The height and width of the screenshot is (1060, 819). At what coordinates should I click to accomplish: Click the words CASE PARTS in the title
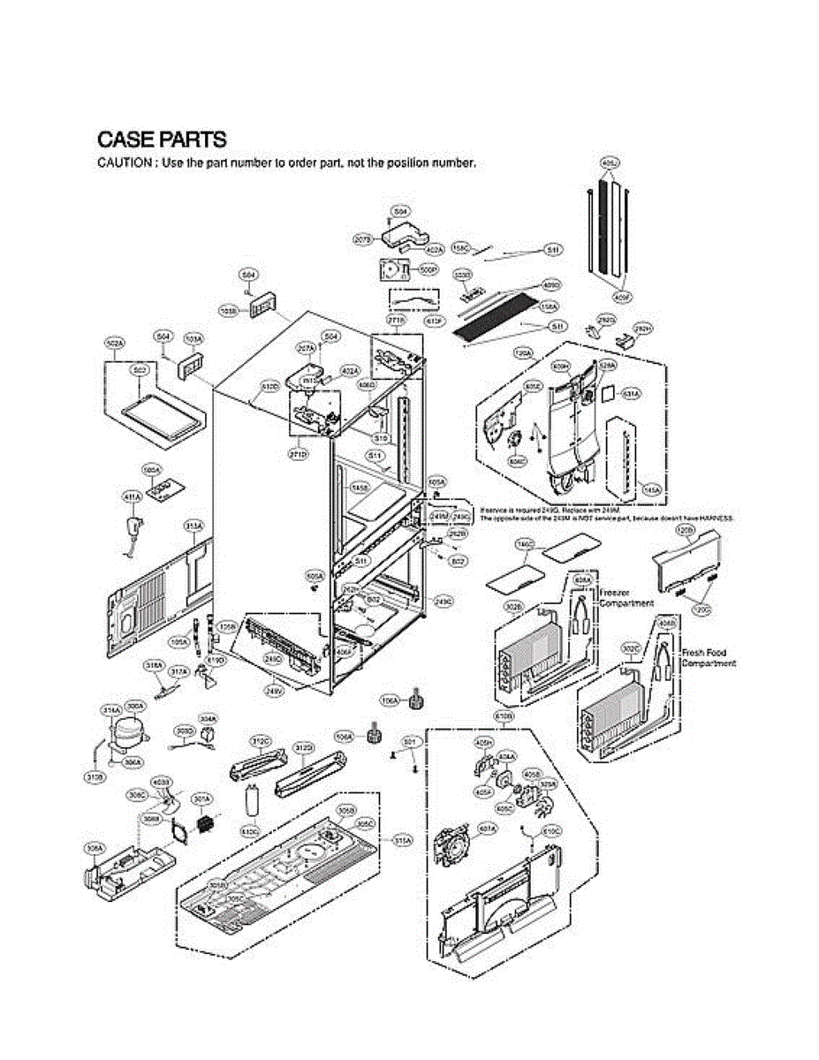click(162, 140)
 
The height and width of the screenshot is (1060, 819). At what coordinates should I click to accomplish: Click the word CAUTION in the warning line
click(123, 163)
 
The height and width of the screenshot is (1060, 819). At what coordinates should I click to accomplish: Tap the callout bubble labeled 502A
click(115, 341)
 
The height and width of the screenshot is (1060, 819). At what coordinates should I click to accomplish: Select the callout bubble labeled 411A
click(131, 497)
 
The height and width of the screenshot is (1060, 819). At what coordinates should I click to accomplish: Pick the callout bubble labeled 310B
click(95, 777)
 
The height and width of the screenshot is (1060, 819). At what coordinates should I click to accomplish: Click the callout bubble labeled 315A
click(403, 841)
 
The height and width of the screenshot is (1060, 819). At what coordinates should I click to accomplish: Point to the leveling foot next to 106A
click(412, 702)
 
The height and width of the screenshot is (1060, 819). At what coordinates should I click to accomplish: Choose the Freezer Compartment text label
click(627, 597)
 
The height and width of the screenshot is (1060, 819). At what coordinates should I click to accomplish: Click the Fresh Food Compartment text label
click(709, 658)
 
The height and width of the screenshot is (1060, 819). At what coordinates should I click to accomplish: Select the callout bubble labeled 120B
click(685, 529)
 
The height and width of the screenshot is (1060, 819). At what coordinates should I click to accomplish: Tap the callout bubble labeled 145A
click(653, 488)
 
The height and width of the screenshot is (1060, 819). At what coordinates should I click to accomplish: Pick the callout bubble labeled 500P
click(428, 269)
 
